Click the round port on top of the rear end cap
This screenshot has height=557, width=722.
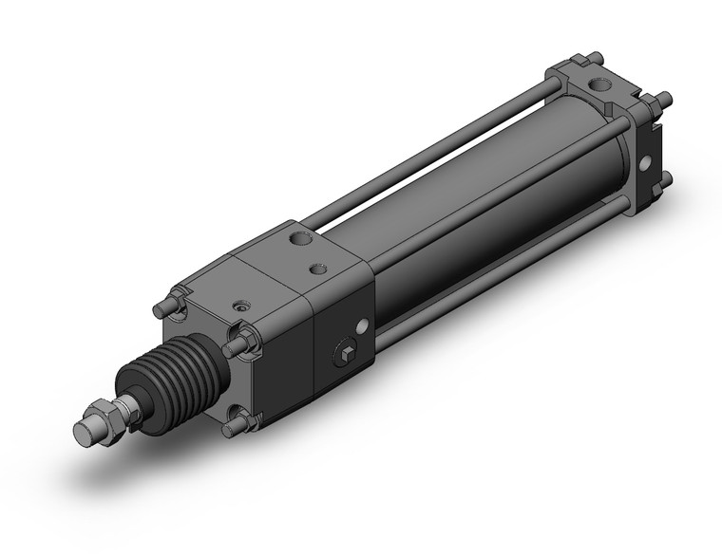600,90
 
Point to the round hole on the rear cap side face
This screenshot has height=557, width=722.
648,163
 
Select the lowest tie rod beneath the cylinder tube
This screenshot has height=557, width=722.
475,285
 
